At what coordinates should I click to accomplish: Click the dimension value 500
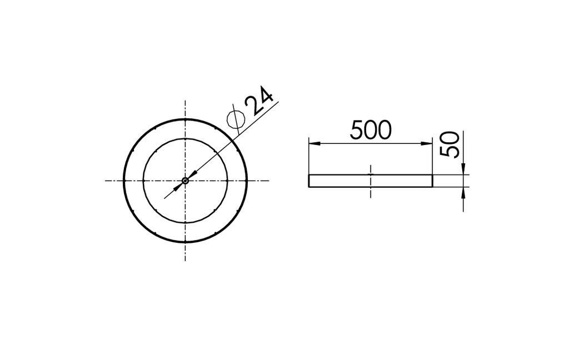371,130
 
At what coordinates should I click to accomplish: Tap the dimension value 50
451,144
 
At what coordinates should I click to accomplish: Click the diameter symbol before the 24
236,118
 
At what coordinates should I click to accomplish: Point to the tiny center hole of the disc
185,180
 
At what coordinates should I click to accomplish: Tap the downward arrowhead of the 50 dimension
463,169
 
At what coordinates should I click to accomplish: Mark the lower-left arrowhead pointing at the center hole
178,187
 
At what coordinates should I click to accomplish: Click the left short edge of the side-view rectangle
309,181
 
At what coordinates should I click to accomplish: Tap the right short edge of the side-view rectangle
432,181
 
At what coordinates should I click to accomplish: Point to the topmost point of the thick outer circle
185,119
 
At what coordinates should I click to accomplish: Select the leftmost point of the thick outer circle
123,181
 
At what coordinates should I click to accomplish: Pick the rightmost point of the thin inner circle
227,181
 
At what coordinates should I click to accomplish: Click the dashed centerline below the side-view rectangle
371,192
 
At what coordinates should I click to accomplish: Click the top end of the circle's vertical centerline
185,102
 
